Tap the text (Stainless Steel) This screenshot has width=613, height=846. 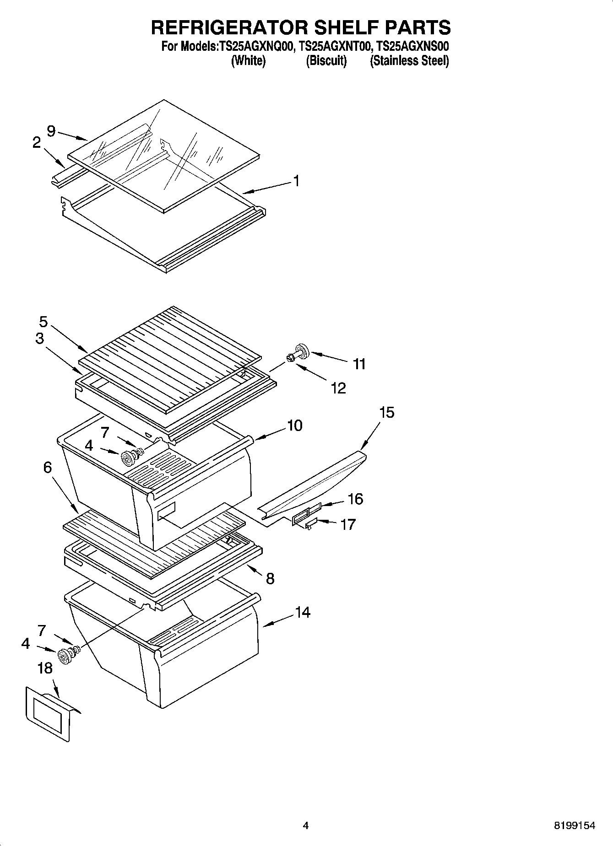[x=409, y=60]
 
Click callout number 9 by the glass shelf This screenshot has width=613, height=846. [x=51, y=131]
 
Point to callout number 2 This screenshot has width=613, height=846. [x=37, y=143]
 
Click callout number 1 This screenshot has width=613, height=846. [x=296, y=181]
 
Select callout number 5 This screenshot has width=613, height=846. [x=43, y=322]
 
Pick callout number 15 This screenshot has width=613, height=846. [x=386, y=412]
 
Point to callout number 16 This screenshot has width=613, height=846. [x=355, y=499]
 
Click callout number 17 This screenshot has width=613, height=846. [x=347, y=524]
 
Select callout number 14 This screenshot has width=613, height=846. [x=302, y=612]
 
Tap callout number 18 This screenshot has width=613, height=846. [x=45, y=668]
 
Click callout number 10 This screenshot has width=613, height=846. [x=294, y=426]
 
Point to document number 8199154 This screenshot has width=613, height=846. [x=575, y=825]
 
